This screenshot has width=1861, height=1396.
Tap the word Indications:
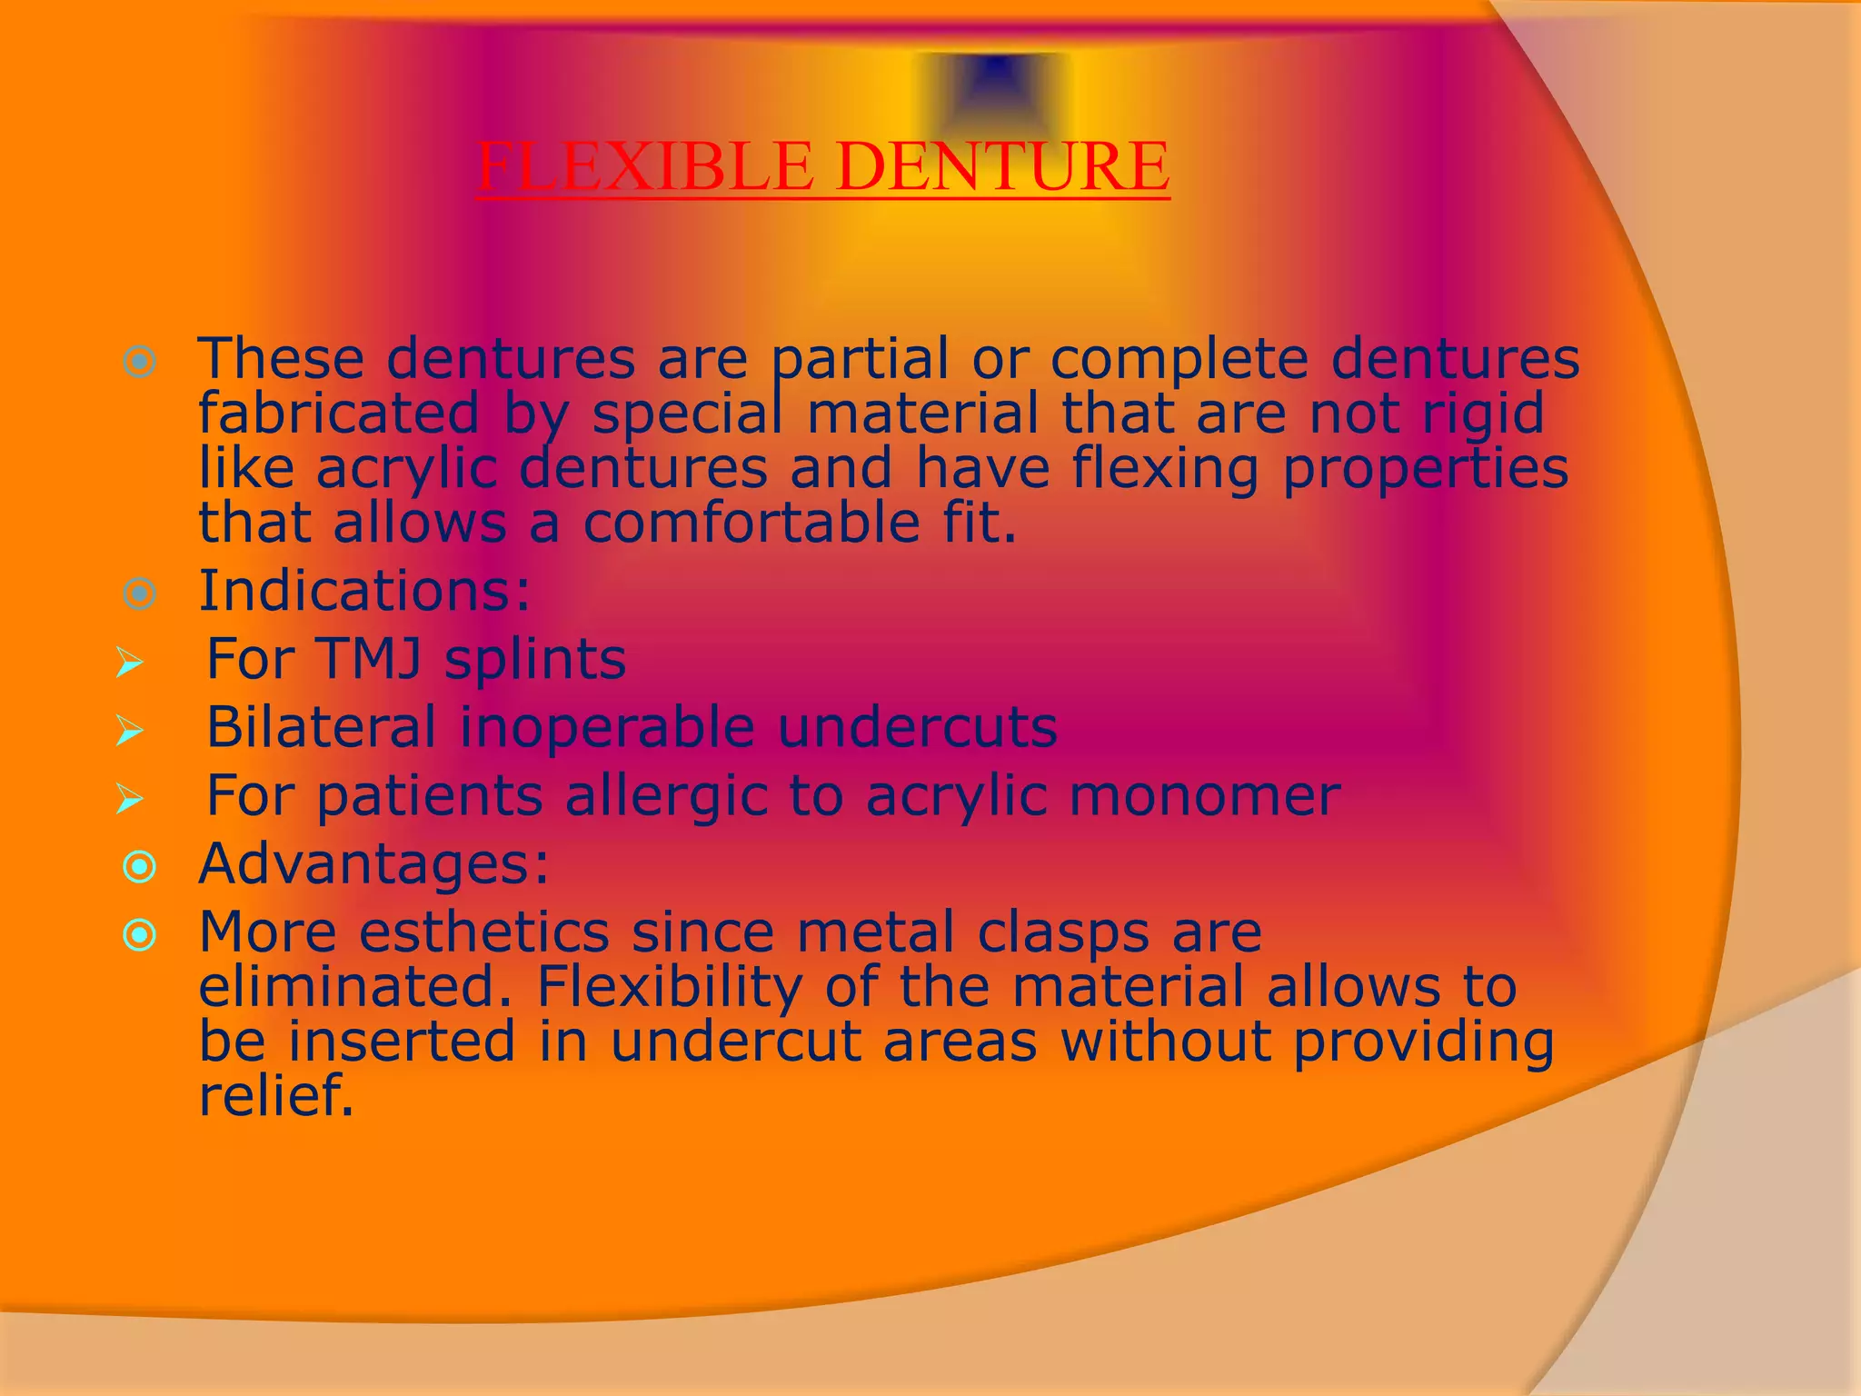pyautogui.click(x=364, y=592)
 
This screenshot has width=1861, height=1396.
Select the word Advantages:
pyautogui.click(x=373, y=864)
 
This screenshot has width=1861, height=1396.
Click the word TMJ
pyautogui.click(x=369, y=659)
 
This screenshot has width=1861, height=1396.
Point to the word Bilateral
pyautogui.click(x=321, y=727)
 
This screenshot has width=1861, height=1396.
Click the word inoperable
pyautogui.click(x=606, y=727)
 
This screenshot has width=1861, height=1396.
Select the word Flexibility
pyautogui.click(x=669, y=987)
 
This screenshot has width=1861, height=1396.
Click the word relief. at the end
pyautogui.click(x=275, y=1095)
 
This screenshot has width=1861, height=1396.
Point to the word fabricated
pyautogui.click(x=338, y=414)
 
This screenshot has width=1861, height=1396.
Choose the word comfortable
pyautogui.click(x=751, y=523)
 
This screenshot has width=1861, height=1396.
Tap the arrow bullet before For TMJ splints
pyautogui.click(x=130, y=663)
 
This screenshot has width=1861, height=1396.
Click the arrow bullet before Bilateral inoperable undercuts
pyautogui.click(x=130, y=731)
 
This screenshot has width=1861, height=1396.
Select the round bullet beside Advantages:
pyautogui.click(x=139, y=867)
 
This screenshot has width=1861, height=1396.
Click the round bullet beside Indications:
pyautogui.click(x=139, y=594)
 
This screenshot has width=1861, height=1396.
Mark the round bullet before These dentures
pyautogui.click(x=139, y=363)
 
